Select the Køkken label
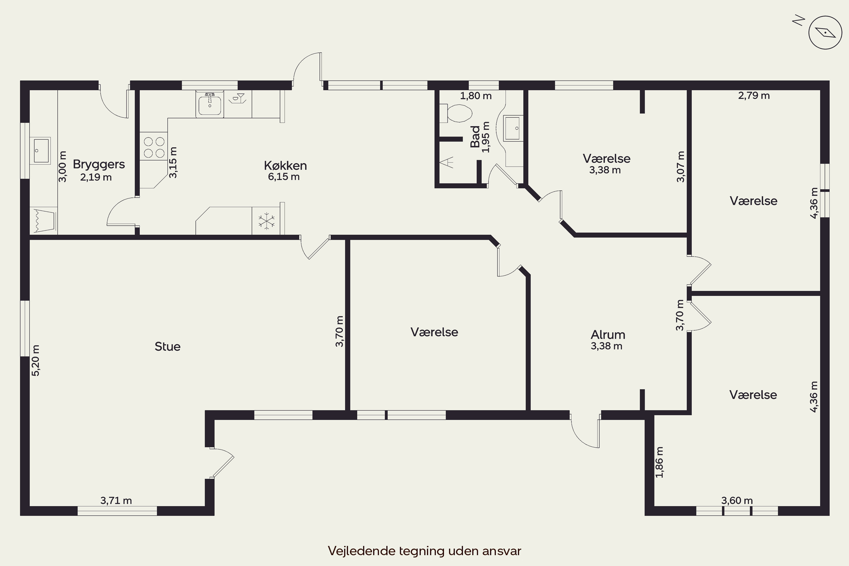tap(285, 166)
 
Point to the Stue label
tap(168, 346)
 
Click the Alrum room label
tap(608, 335)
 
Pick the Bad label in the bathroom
tap(475, 136)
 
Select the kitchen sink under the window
tap(210, 104)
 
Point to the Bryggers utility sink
tap(40, 151)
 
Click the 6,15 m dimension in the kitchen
tap(284, 177)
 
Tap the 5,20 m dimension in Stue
tap(36, 360)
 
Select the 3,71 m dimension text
tap(116, 501)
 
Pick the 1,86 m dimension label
tap(659, 462)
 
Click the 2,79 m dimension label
tap(754, 96)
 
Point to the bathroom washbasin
tap(513, 128)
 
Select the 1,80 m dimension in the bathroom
tap(476, 96)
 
